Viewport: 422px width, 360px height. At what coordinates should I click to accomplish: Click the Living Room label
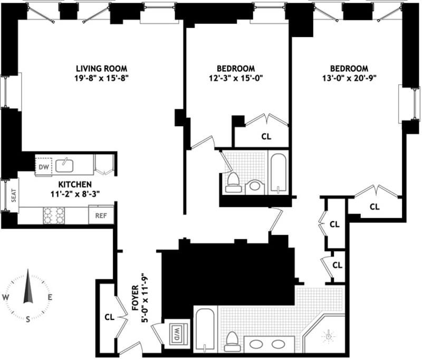tap(101, 69)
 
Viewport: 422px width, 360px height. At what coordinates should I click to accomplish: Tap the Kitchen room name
tap(75, 184)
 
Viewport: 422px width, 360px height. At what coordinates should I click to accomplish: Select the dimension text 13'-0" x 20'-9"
tap(349, 78)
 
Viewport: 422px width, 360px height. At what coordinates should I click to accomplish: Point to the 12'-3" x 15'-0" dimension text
tap(236, 78)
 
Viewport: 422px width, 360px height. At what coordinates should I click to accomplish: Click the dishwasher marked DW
tap(44, 167)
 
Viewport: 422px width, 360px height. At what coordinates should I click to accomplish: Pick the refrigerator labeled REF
tap(101, 215)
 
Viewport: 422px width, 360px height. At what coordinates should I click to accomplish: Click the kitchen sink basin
tap(64, 166)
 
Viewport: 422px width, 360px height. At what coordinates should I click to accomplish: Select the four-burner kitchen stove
tap(54, 215)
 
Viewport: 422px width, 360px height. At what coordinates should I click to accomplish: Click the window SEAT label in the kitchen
tap(14, 195)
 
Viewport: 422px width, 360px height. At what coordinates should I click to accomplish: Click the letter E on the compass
tap(50, 298)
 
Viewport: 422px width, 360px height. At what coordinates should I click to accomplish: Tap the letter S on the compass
tap(28, 319)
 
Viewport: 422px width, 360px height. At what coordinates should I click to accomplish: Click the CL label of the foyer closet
tap(110, 317)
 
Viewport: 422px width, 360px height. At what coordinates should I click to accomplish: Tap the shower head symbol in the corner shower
tap(328, 336)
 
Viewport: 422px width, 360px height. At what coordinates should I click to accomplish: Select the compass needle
tap(28, 286)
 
